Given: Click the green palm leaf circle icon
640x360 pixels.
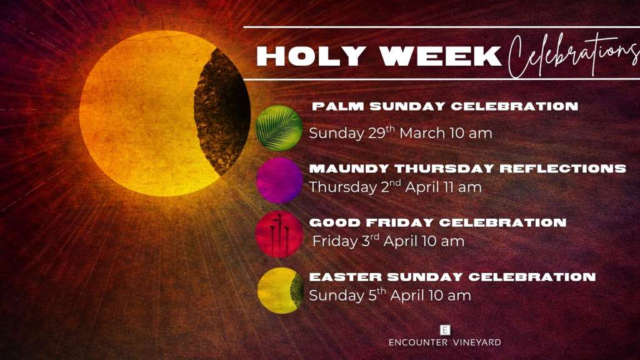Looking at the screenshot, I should click(x=279, y=127).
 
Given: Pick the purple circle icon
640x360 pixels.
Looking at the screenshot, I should click(x=279, y=180).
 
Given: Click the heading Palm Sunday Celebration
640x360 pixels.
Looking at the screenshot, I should click(x=444, y=106).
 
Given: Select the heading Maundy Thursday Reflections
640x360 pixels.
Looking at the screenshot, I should click(x=467, y=169).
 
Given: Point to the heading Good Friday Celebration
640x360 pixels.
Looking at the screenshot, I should click(x=437, y=222).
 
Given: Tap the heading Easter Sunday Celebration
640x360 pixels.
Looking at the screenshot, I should click(x=452, y=277).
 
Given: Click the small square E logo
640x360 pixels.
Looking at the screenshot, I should click(x=445, y=329).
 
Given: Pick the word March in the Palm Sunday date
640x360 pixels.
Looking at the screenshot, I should click(x=422, y=133).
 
